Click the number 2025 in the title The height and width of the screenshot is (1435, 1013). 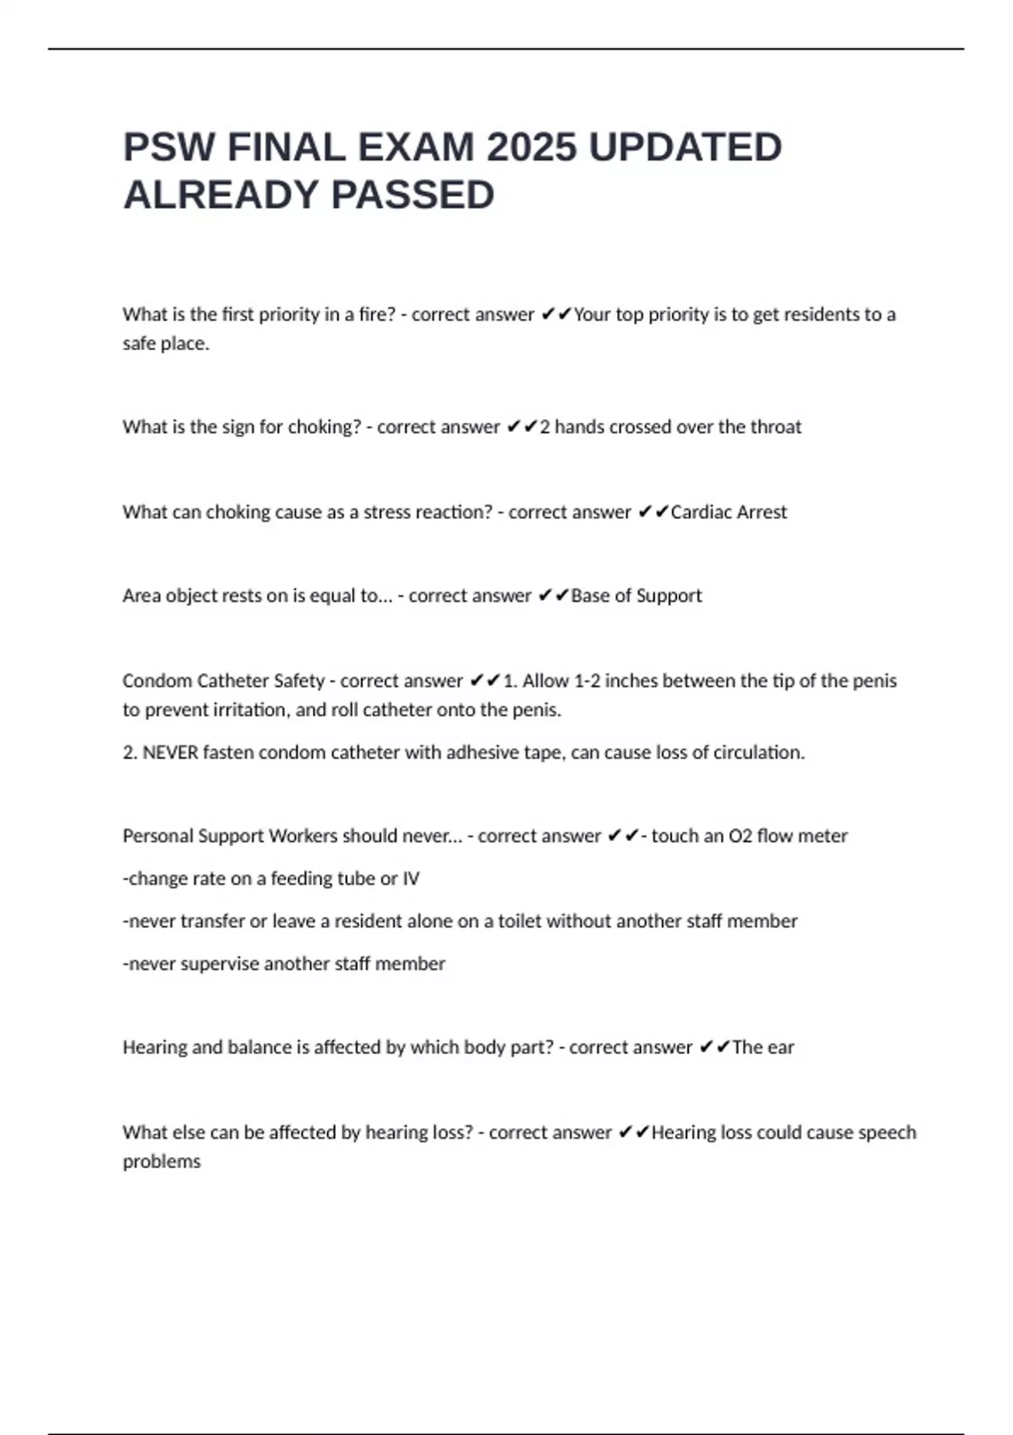click(x=532, y=148)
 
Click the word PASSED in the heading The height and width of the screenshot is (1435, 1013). click(x=413, y=195)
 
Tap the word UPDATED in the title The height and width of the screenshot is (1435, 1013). click(x=685, y=148)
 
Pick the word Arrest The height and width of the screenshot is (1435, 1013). click(x=761, y=512)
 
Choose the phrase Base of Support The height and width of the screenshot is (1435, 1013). click(x=637, y=596)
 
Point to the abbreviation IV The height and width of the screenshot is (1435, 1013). click(x=411, y=879)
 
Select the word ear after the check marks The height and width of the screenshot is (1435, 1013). click(x=781, y=1048)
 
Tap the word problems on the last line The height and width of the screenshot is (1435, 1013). click(x=162, y=1162)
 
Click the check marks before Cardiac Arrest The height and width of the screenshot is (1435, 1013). click(x=653, y=512)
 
